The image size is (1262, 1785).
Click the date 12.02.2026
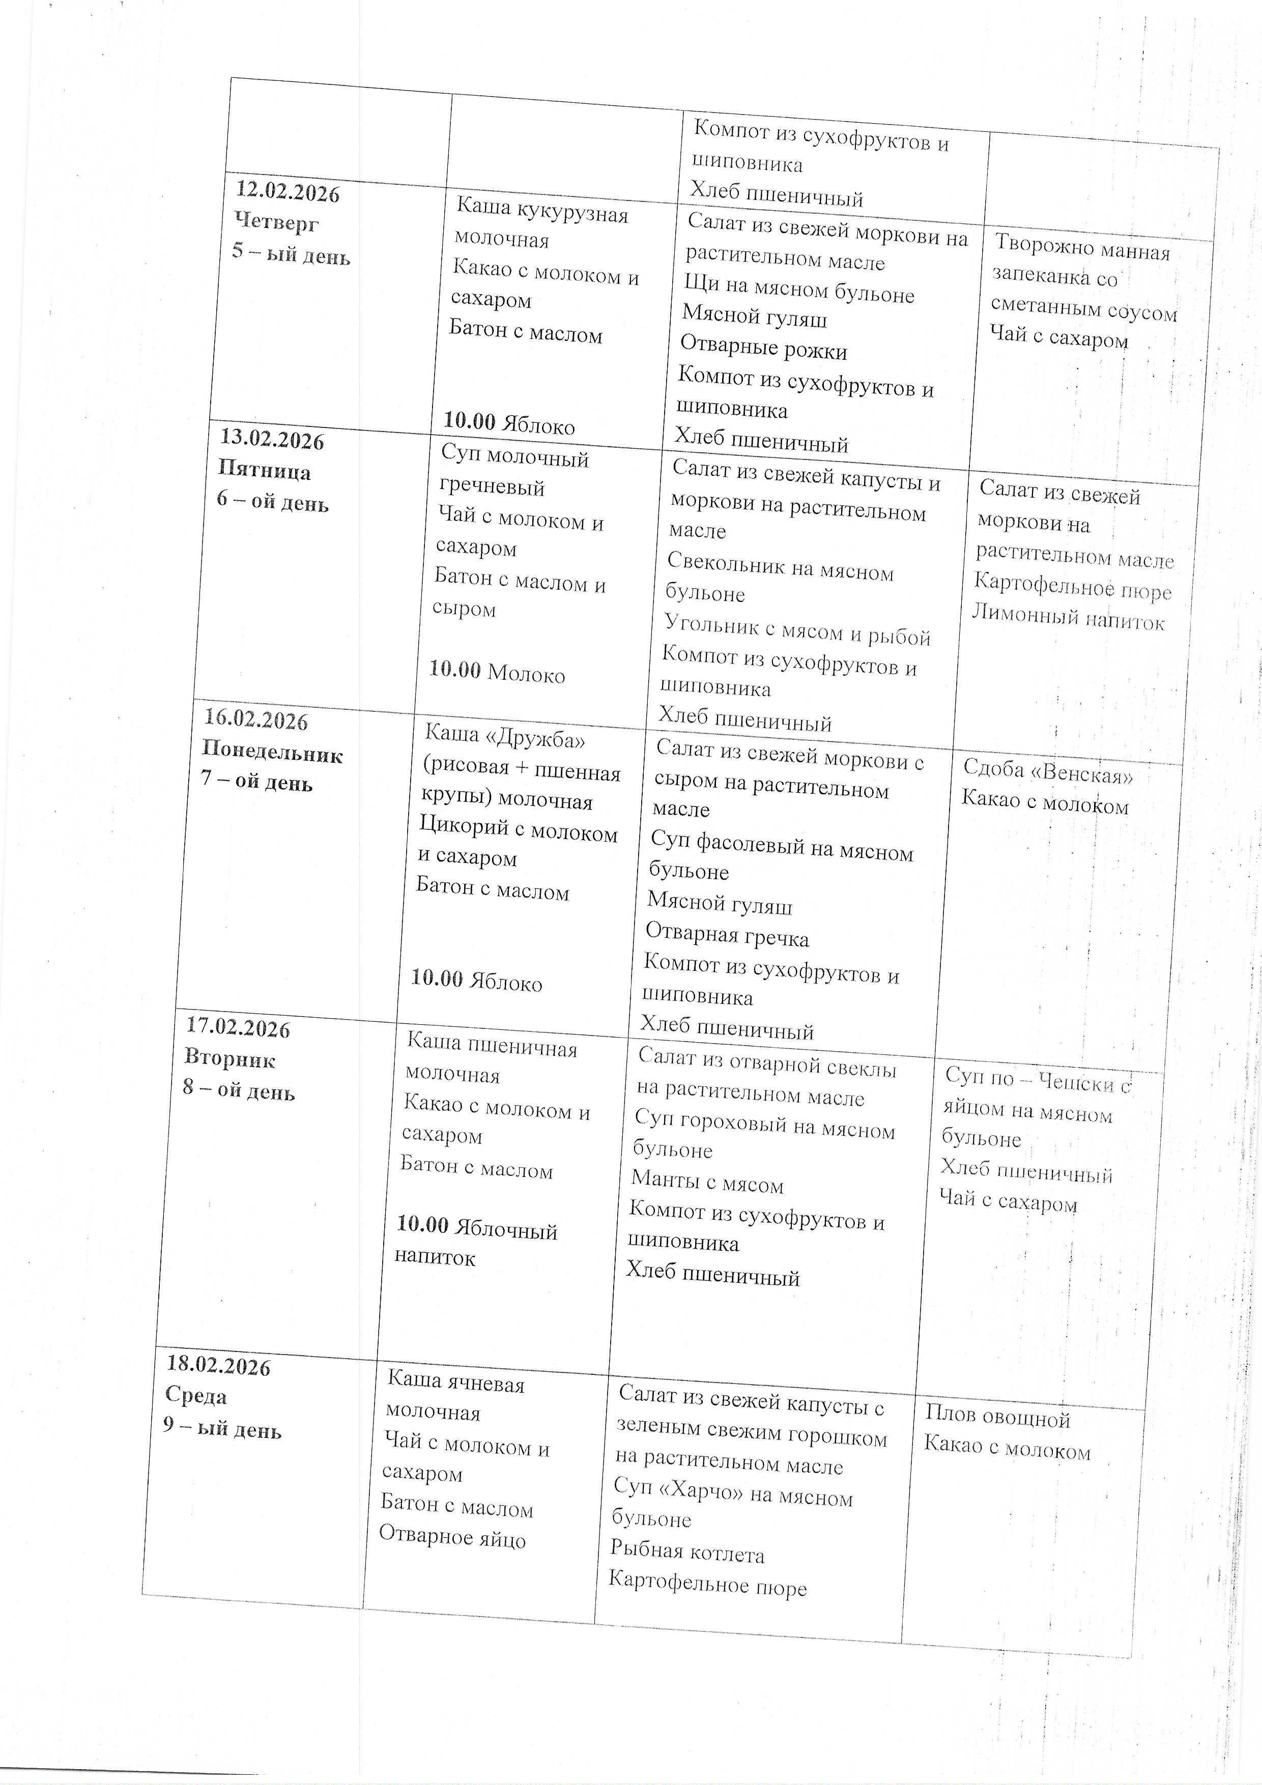click(288, 192)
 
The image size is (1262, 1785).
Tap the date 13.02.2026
click(272, 440)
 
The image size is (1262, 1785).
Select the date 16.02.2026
click(256, 720)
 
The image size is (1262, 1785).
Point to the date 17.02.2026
click(238, 1028)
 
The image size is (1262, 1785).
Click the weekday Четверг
click(277, 223)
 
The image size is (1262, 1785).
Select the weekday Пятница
click(265, 471)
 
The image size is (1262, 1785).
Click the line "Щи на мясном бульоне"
click(799, 289)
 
